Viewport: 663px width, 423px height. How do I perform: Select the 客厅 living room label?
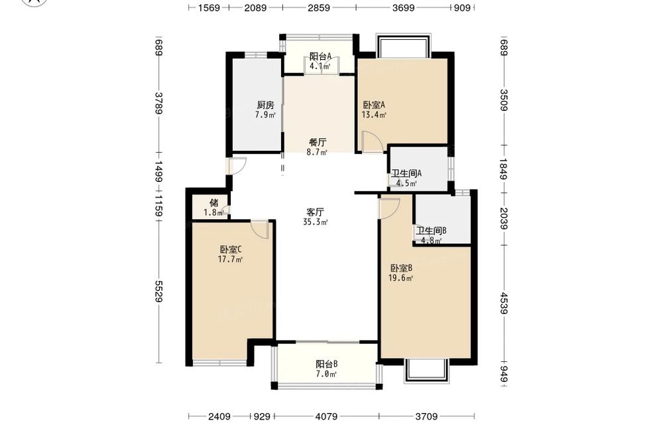315,212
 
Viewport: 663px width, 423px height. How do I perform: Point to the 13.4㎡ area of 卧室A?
374,115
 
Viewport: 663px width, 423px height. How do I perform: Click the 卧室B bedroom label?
401,268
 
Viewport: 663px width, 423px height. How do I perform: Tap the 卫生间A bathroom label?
406,173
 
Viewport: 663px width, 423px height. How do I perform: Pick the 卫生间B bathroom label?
431,231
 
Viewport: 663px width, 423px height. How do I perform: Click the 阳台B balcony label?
326,364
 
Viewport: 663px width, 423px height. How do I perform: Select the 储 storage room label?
214,203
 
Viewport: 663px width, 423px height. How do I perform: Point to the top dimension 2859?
319,7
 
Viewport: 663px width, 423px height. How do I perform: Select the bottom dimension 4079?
327,416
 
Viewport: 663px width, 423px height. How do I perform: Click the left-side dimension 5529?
159,292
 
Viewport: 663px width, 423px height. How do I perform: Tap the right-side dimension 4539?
504,303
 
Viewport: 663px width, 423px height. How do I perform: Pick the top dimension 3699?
403,7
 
